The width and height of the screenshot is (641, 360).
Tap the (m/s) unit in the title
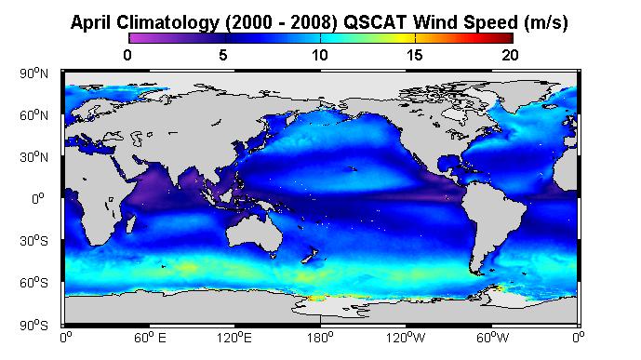[x=546, y=22]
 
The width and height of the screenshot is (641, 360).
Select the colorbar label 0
[x=127, y=55]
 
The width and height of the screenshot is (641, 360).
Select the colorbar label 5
[x=223, y=55]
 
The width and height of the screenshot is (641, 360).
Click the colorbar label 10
[x=320, y=55]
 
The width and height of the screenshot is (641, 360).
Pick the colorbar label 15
[x=415, y=55]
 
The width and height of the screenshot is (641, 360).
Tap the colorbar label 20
[x=510, y=55]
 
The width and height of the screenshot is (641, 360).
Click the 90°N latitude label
[x=33, y=73]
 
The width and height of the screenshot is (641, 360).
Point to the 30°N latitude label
[x=33, y=157]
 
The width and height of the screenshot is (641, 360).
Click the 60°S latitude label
[x=33, y=283]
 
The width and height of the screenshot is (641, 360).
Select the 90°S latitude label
[x=33, y=326]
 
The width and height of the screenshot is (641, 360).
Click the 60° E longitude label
[x=150, y=338]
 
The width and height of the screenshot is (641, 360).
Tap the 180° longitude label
[x=320, y=338]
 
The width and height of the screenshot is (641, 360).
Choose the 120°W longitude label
[x=406, y=338]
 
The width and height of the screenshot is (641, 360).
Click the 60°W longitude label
[x=492, y=338]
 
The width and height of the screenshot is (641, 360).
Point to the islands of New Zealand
[x=310, y=255]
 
